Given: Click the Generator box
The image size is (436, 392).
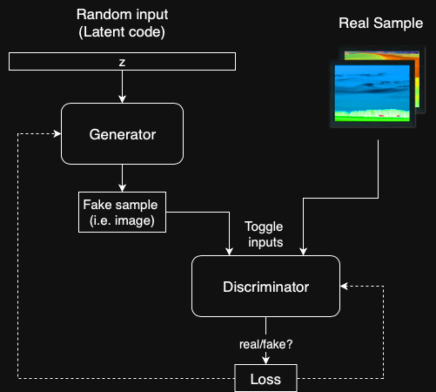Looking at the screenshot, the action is coord(122,133).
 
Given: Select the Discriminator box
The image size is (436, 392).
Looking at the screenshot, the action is coord(265,286).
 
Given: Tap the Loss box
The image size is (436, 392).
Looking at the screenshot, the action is coord(265,378).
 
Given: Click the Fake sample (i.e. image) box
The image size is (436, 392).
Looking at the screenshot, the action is coord(122,212).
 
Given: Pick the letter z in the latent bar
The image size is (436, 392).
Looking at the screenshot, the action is coord(122,62).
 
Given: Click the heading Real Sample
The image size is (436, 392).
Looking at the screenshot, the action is coord(380,24).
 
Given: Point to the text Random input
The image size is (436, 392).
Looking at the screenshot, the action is coord(122,14).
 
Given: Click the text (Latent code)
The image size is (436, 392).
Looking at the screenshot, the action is coord(122,32).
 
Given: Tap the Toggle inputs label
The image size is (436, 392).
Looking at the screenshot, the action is coord(264,234).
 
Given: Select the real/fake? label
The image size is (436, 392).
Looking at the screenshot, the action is coord(265,344).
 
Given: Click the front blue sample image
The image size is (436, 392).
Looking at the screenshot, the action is coord(372,93).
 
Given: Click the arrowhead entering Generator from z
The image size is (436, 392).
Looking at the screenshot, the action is coord(122,98).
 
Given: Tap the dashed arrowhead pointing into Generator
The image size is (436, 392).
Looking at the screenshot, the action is coord(57,133).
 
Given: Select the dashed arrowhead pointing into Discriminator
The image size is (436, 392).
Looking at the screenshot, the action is coord(345,286).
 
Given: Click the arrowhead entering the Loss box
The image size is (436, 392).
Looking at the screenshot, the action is coord(265,360).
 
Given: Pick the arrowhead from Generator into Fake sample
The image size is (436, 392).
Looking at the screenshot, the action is coord(122,187).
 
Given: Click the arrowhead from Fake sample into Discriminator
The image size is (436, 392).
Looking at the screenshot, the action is coord(229,251).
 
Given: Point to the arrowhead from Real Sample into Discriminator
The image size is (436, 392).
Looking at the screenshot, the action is coord(303,251).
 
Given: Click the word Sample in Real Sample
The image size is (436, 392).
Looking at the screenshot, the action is coord(398,24).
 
